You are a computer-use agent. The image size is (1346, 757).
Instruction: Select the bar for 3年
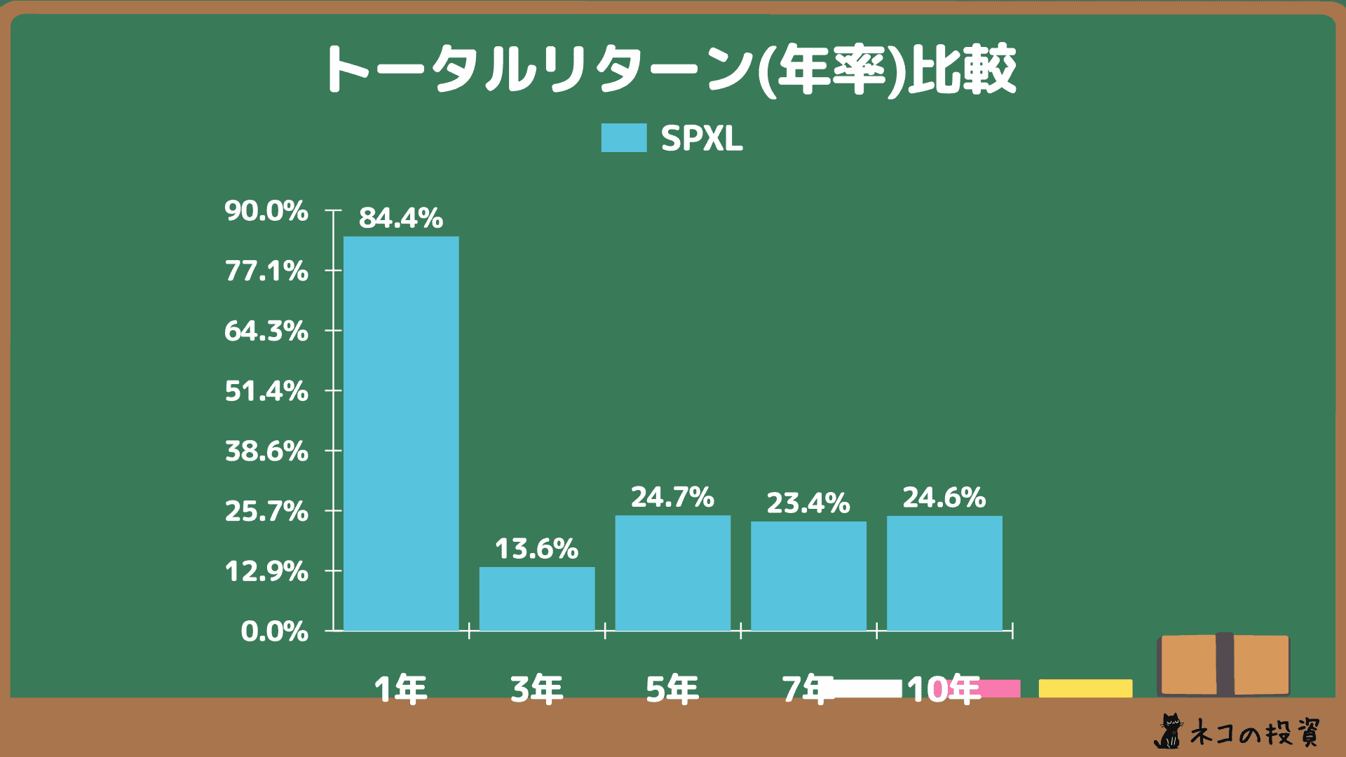pos(537,599)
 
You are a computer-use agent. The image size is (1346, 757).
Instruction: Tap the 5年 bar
pos(673,573)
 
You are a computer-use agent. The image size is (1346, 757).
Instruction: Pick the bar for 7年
pos(808,575)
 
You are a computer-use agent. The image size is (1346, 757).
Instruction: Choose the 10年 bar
pos(944,573)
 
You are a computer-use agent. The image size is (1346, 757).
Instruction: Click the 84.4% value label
pos(401,218)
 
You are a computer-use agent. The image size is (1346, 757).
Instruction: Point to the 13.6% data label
pos(537,549)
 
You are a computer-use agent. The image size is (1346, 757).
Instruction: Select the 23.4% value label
pos(808,503)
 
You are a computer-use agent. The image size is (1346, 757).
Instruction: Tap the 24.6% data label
pos(944,498)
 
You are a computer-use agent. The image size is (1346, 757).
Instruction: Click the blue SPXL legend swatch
pos(623,138)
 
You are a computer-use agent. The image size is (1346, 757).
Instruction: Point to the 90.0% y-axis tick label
pos(266,211)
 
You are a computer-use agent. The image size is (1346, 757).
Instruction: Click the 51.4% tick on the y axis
pos(266,391)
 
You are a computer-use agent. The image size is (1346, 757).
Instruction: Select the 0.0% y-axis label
pos(275,632)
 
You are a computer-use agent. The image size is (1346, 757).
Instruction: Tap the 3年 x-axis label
pos(537,690)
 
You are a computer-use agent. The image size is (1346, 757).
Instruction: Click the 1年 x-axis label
pos(401,690)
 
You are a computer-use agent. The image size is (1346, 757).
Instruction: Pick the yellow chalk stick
pos(1085,688)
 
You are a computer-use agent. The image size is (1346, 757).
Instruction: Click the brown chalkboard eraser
pos(1224,664)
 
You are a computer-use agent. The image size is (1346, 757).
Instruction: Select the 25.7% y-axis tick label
pos(266,512)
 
